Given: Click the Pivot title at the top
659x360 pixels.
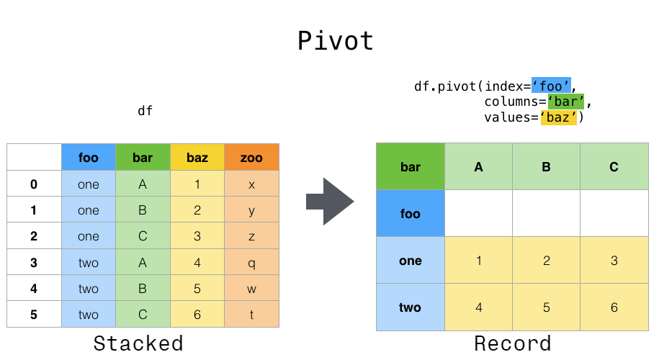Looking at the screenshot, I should (336, 41).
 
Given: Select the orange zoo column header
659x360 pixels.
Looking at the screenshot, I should (251, 157).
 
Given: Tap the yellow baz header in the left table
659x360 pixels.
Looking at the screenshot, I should (197, 157).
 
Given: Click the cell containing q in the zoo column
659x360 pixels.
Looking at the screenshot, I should (251, 263).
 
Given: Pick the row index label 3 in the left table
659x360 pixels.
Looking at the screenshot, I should (34, 263).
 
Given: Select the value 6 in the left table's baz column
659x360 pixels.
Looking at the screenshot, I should (197, 315).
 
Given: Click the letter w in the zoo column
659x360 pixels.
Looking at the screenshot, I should (251, 289).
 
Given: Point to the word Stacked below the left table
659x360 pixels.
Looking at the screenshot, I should (138, 343).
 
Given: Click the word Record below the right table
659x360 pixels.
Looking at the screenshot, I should (512, 343).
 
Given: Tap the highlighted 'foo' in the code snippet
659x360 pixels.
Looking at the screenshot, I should (551, 86).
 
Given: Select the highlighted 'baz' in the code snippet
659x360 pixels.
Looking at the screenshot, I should (559, 117).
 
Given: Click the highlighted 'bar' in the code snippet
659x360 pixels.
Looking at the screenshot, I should (565, 102).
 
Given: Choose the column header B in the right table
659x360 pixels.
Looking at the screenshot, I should (546, 167).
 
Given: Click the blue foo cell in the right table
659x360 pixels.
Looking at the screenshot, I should (410, 214).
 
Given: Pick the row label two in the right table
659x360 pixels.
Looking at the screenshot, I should (410, 307).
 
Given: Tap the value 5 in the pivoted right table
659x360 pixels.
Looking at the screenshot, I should (546, 307).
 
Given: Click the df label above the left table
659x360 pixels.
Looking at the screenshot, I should (145, 111).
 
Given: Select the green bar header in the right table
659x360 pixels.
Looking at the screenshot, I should (410, 167).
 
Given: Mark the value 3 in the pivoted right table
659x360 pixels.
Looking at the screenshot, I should (614, 261).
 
